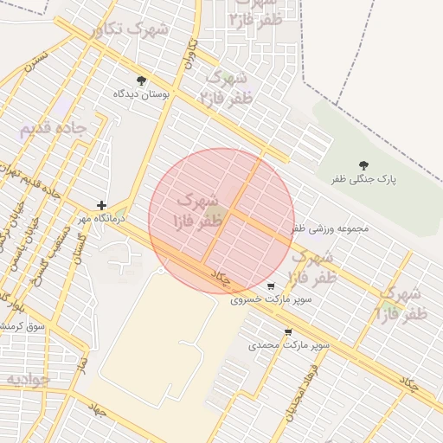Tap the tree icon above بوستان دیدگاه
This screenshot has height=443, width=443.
tap(141, 81)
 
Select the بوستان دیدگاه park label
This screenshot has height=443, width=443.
tap(142, 93)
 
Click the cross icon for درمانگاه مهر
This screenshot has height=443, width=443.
tap(102, 206)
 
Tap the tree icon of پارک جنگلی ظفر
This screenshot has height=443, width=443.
tap(363, 165)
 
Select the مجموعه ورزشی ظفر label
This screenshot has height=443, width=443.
tap(330, 229)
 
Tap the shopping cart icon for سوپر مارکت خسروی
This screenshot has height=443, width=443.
tap(272, 286)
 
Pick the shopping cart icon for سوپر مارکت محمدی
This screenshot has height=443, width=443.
tap(288, 331)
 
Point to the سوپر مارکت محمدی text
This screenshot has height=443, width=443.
tap(289, 345)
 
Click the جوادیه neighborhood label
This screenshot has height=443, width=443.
tap(29, 379)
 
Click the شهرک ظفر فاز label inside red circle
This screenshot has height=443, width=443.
tap(200, 211)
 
